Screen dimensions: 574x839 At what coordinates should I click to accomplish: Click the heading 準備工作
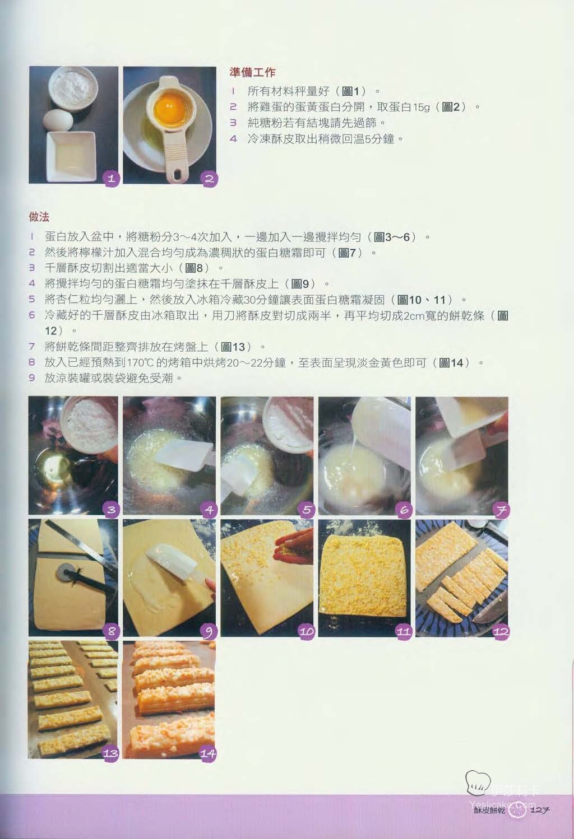[253, 72]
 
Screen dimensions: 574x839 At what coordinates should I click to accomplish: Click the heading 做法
[39, 217]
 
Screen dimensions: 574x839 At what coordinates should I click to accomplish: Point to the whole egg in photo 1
[58, 119]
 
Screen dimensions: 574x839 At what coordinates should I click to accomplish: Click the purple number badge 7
[502, 509]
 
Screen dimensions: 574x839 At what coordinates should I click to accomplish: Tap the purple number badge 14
[208, 753]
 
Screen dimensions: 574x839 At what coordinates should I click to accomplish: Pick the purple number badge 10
[306, 631]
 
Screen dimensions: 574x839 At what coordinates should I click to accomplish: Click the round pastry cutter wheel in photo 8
[64, 572]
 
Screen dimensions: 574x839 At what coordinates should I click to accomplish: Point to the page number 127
[540, 810]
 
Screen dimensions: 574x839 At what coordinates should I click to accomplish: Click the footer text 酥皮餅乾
[490, 810]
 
